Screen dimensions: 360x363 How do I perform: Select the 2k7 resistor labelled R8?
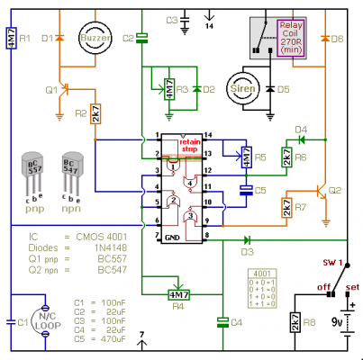(x=294, y=322)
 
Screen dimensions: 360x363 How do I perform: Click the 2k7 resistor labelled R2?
(x=96, y=113)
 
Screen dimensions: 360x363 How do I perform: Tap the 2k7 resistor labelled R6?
(x=286, y=157)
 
